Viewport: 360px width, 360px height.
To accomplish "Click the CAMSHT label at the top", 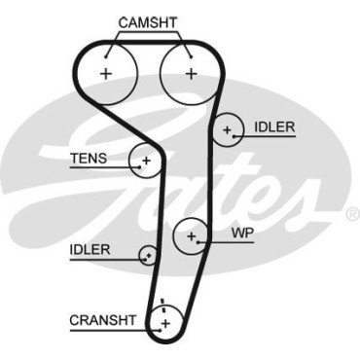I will click(147, 21).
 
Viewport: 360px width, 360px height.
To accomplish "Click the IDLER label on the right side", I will click(274, 127).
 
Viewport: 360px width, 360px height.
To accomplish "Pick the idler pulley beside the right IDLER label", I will click(228, 128).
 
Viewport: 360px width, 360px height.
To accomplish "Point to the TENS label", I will click(90, 158).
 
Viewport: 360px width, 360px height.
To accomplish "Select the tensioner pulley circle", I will click(146, 161).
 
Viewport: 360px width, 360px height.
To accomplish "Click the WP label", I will click(242, 234).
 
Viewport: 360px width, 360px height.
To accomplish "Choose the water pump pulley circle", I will click(192, 235).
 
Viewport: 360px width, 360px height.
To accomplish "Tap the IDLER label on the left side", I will click(90, 250).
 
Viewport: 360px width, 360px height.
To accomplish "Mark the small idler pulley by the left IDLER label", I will click(148, 256).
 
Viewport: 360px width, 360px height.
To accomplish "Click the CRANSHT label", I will click(98, 319).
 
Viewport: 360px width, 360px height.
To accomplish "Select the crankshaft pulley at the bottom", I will click(165, 322).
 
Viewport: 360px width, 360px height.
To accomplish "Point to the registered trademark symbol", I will click(352, 211).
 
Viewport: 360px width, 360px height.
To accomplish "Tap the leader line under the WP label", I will click(234, 241).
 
